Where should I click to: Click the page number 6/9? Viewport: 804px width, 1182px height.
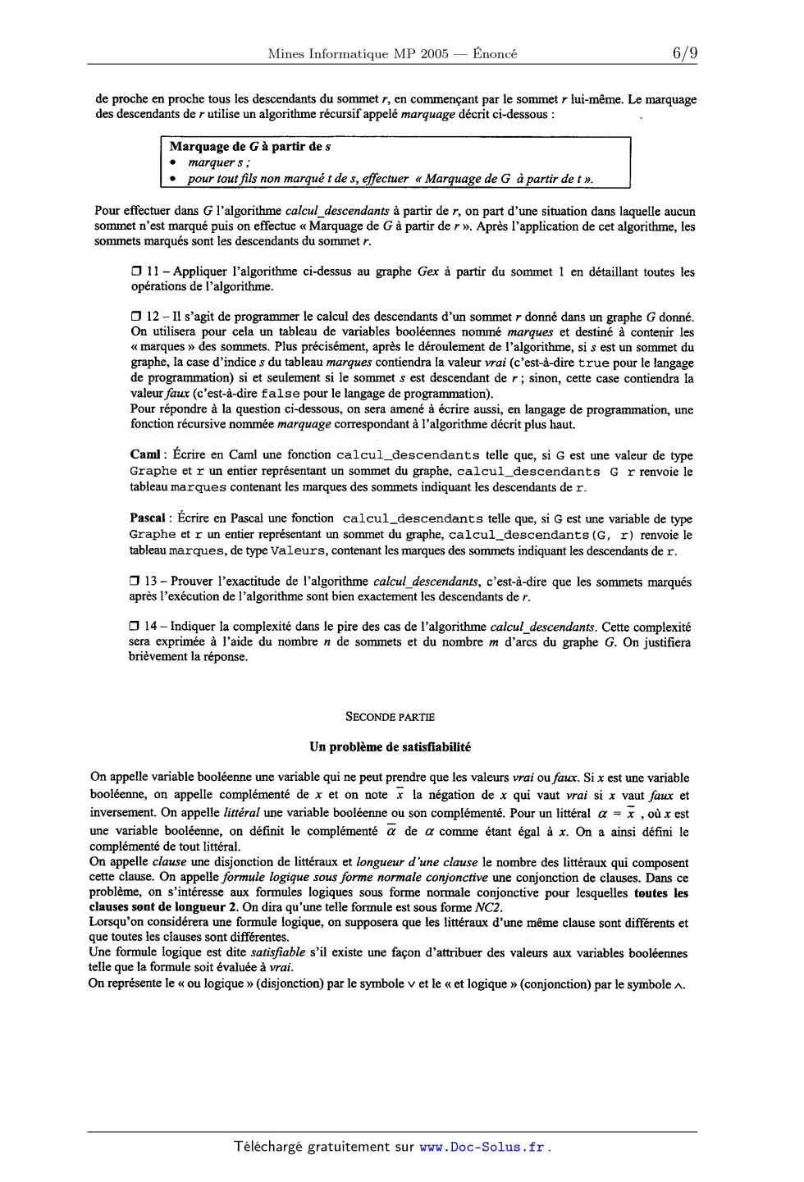tap(685, 54)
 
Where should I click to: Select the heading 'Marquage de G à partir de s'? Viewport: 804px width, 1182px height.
tap(250, 147)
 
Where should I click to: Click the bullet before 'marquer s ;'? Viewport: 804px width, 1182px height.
tap(174, 163)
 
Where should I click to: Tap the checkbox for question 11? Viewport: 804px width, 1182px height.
tap(136, 272)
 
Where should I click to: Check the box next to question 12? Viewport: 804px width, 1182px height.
tap(136, 317)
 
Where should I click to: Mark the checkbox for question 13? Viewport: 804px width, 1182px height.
tap(135, 582)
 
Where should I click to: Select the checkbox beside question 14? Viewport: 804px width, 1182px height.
tap(135, 627)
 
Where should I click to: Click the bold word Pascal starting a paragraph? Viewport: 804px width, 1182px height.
tap(149, 518)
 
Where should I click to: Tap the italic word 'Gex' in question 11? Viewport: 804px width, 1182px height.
tap(427, 272)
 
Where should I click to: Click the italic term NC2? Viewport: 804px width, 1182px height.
tap(487, 907)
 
